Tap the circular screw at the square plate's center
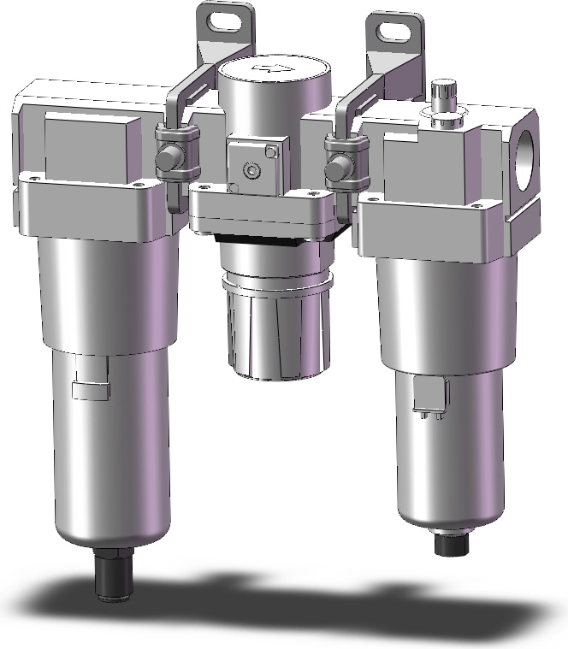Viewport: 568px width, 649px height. coord(251,172)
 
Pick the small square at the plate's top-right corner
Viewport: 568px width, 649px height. coord(271,152)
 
